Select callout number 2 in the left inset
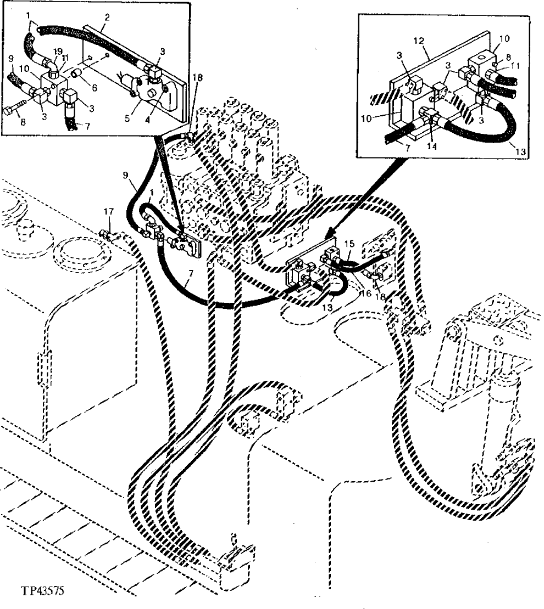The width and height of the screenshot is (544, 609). click(x=107, y=18)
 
